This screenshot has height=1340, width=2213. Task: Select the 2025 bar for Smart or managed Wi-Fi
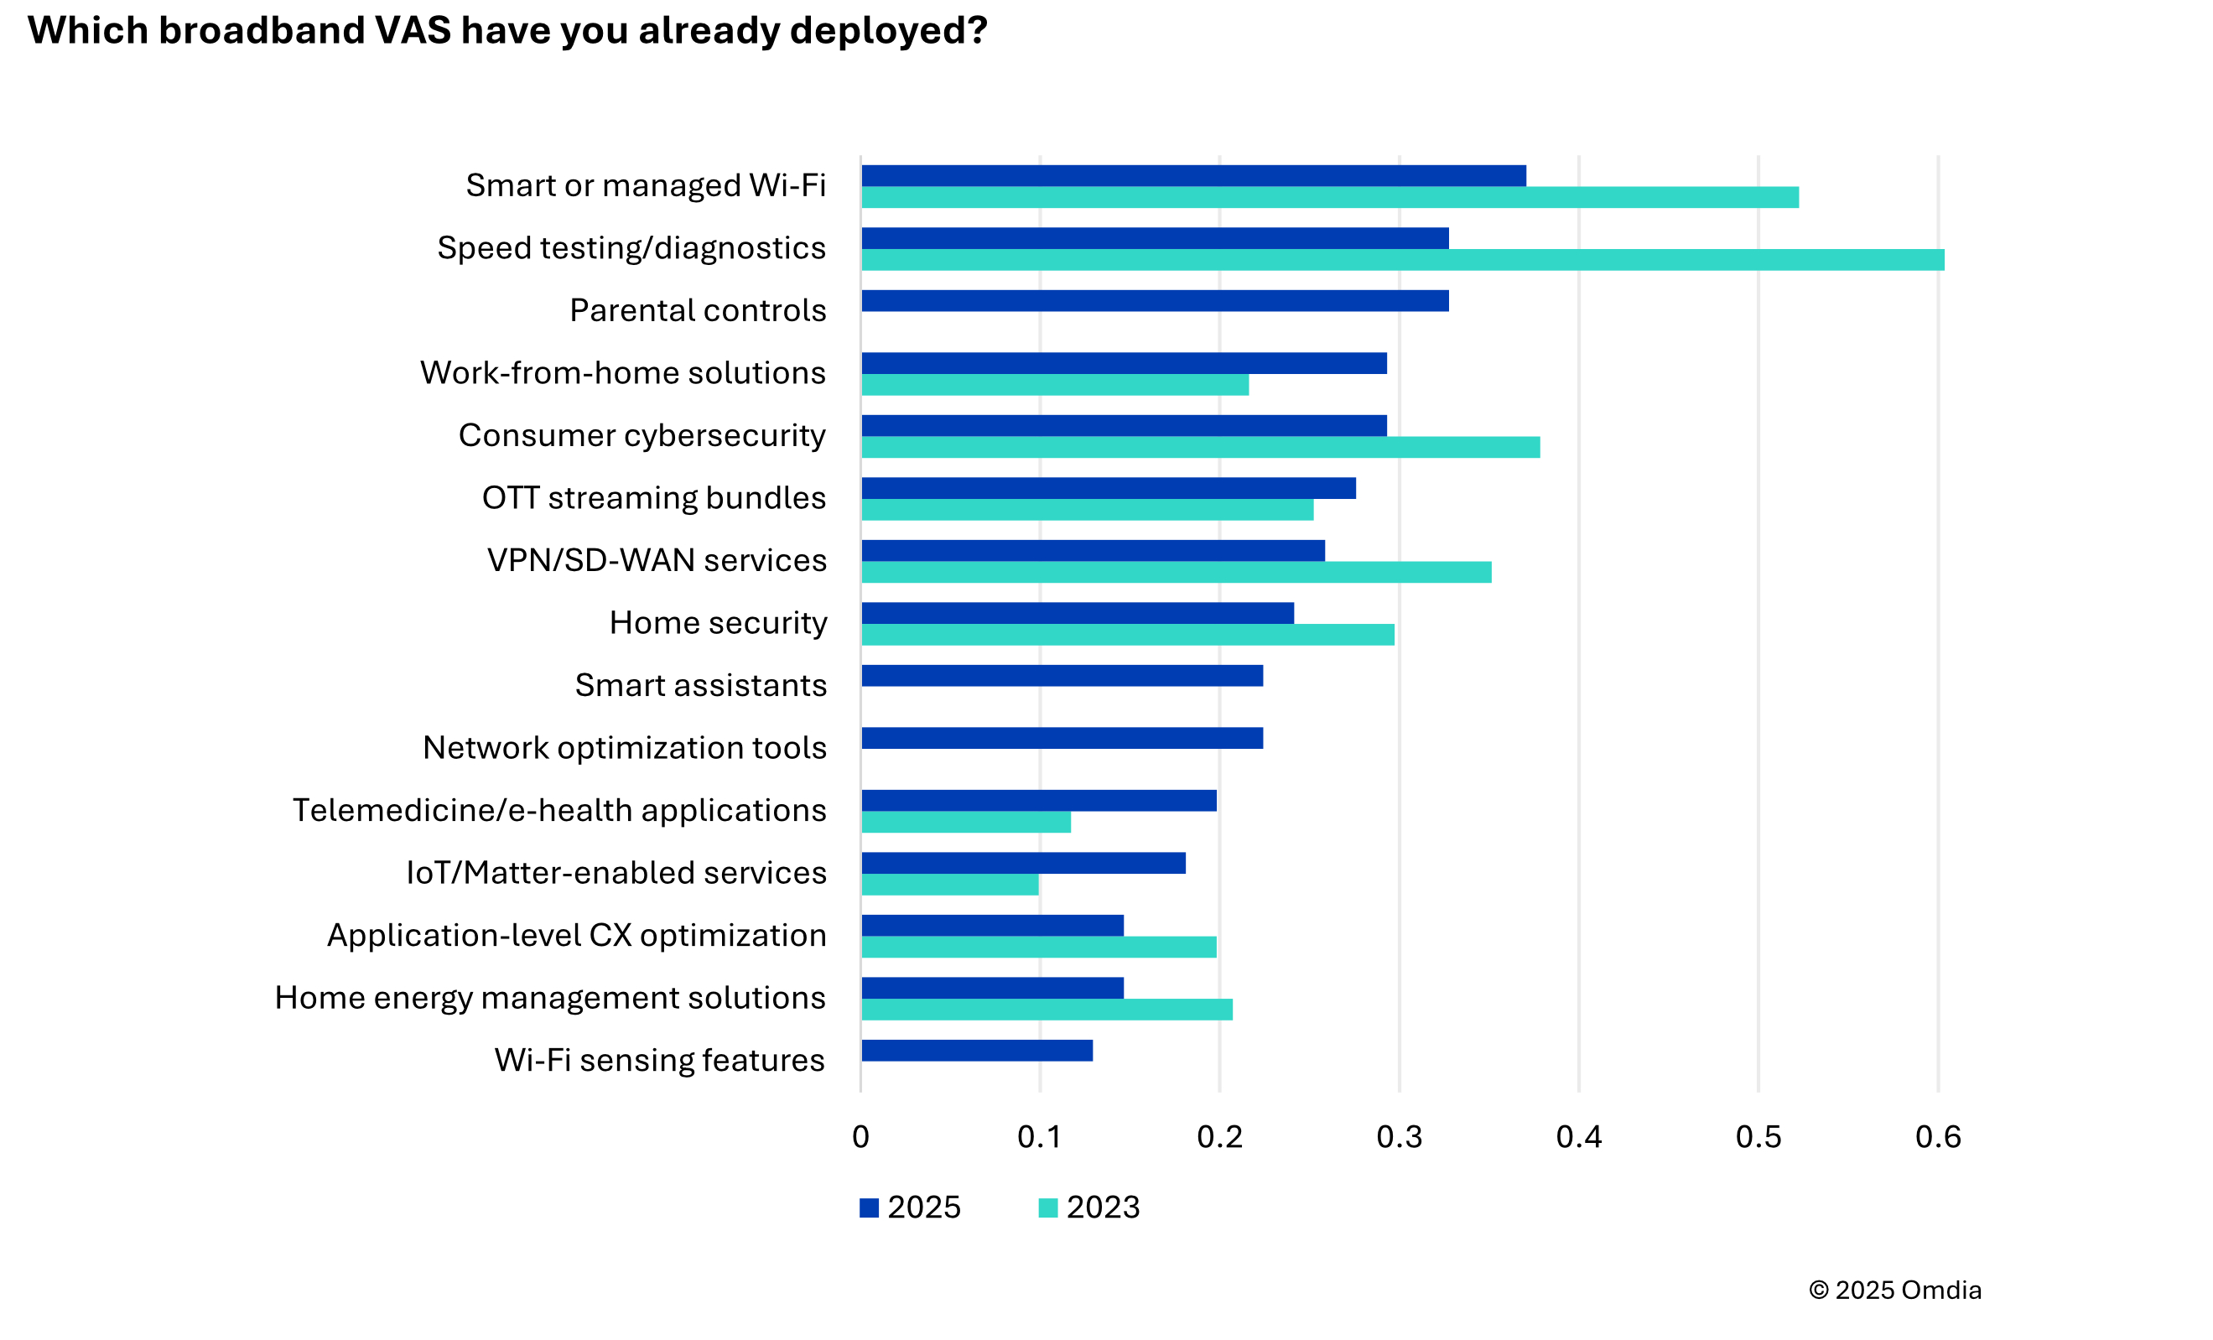[x=1192, y=176]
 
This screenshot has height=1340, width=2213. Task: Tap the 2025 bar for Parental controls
[x=1154, y=301]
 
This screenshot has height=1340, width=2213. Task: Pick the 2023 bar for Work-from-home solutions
[x=1054, y=384]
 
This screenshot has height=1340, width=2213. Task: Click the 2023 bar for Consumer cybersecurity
[x=1200, y=447]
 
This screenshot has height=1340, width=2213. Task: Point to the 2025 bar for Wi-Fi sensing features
[x=976, y=1050]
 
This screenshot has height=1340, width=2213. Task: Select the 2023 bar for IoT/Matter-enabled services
[x=949, y=885]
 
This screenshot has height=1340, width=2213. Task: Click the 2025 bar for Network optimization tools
[x=1062, y=738]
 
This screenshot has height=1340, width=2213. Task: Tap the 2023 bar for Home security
[x=1127, y=635]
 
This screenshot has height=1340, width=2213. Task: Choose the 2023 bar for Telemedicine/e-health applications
[x=965, y=822]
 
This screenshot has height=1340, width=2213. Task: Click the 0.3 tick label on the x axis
[x=1399, y=1137]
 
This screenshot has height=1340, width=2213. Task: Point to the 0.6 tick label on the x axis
[x=1937, y=1137]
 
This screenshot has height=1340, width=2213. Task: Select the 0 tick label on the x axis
[x=860, y=1137]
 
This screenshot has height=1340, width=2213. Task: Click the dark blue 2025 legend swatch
[x=869, y=1208]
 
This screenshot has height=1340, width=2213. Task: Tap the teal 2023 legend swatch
[x=1047, y=1208]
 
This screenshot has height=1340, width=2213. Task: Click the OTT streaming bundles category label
[x=653, y=497]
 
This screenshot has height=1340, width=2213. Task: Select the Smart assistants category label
[x=699, y=685]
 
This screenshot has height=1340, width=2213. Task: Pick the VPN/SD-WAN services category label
[x=656, y=560]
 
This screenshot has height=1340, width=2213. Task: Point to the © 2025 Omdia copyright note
[x=1894, y=1290]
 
